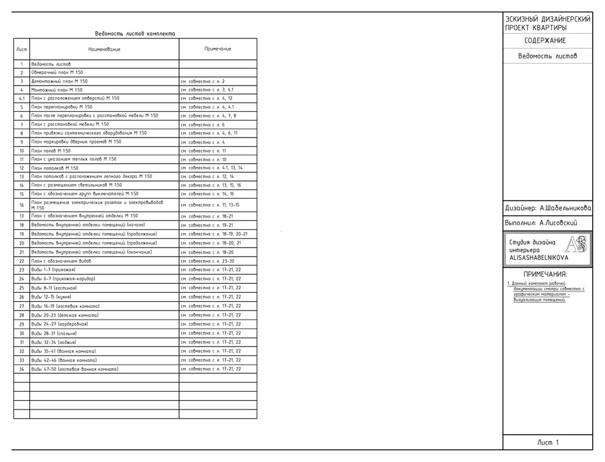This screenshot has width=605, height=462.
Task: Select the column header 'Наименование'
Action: [x=104, y=49]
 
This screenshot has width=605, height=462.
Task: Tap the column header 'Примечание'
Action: [x=218, y=49]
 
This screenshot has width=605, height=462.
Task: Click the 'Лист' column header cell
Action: [x=21, y=49]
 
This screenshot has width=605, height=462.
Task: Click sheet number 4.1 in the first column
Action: [x=21, y=98]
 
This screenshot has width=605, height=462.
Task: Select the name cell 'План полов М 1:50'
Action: [x=51, y=150]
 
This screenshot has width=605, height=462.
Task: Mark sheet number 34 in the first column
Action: [x=21, y=370]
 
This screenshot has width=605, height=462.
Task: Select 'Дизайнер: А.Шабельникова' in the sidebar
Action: [x=548, y=208]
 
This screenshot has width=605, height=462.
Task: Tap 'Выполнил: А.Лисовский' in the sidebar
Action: [x=541, y=224]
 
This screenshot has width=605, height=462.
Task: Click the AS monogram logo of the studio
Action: [x=576, y=246]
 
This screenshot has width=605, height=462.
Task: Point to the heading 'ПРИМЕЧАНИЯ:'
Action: [x=545, y=274]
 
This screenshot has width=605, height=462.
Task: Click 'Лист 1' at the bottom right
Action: [x=548, y=442]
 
